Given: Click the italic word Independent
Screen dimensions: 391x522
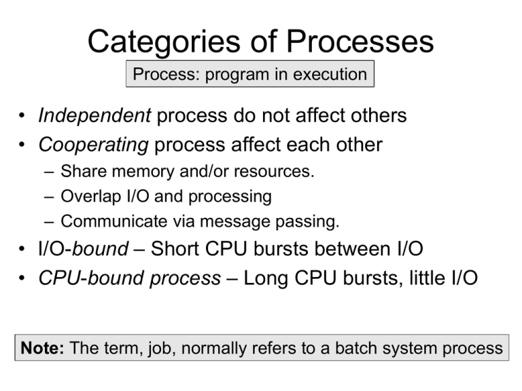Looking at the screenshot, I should click(x=94, y=115).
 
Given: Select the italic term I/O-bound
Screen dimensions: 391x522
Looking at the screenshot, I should click(x=83, y=249).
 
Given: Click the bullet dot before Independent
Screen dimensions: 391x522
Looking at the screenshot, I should click(x=24, y=116).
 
